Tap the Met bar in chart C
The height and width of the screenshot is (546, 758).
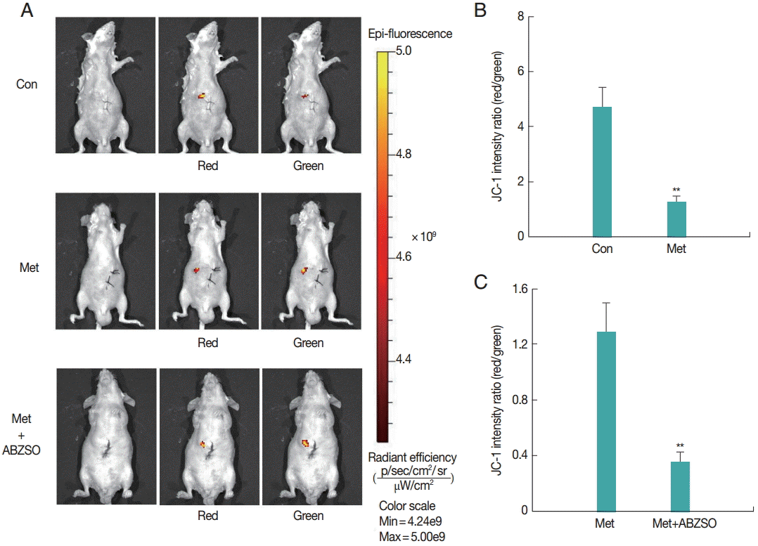(606, 421)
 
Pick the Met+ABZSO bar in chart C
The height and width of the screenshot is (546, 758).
(680, 486)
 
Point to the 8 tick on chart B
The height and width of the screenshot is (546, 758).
(521, 16)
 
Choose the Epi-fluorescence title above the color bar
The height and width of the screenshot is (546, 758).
(410, 33)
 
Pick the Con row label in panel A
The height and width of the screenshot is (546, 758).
(27, 84)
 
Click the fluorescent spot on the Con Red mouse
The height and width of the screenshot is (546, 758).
(203, 96)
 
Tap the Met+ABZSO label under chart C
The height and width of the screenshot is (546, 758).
(679, 523)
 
